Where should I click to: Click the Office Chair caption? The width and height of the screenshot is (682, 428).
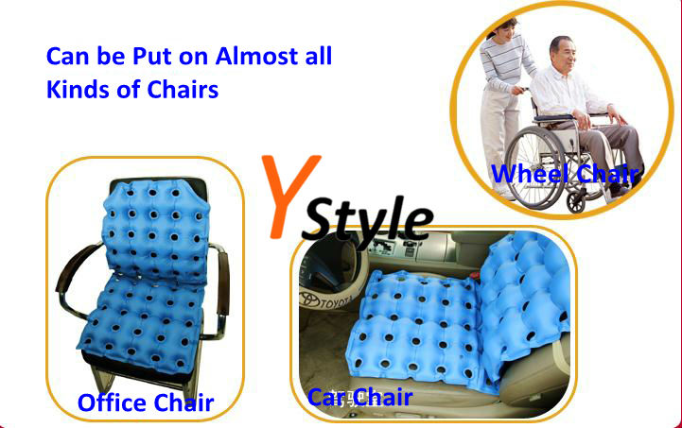[146, 402]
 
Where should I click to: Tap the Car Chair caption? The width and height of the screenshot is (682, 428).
[359, 396]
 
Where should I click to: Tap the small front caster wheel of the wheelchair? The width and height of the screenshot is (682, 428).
[576, 200]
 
